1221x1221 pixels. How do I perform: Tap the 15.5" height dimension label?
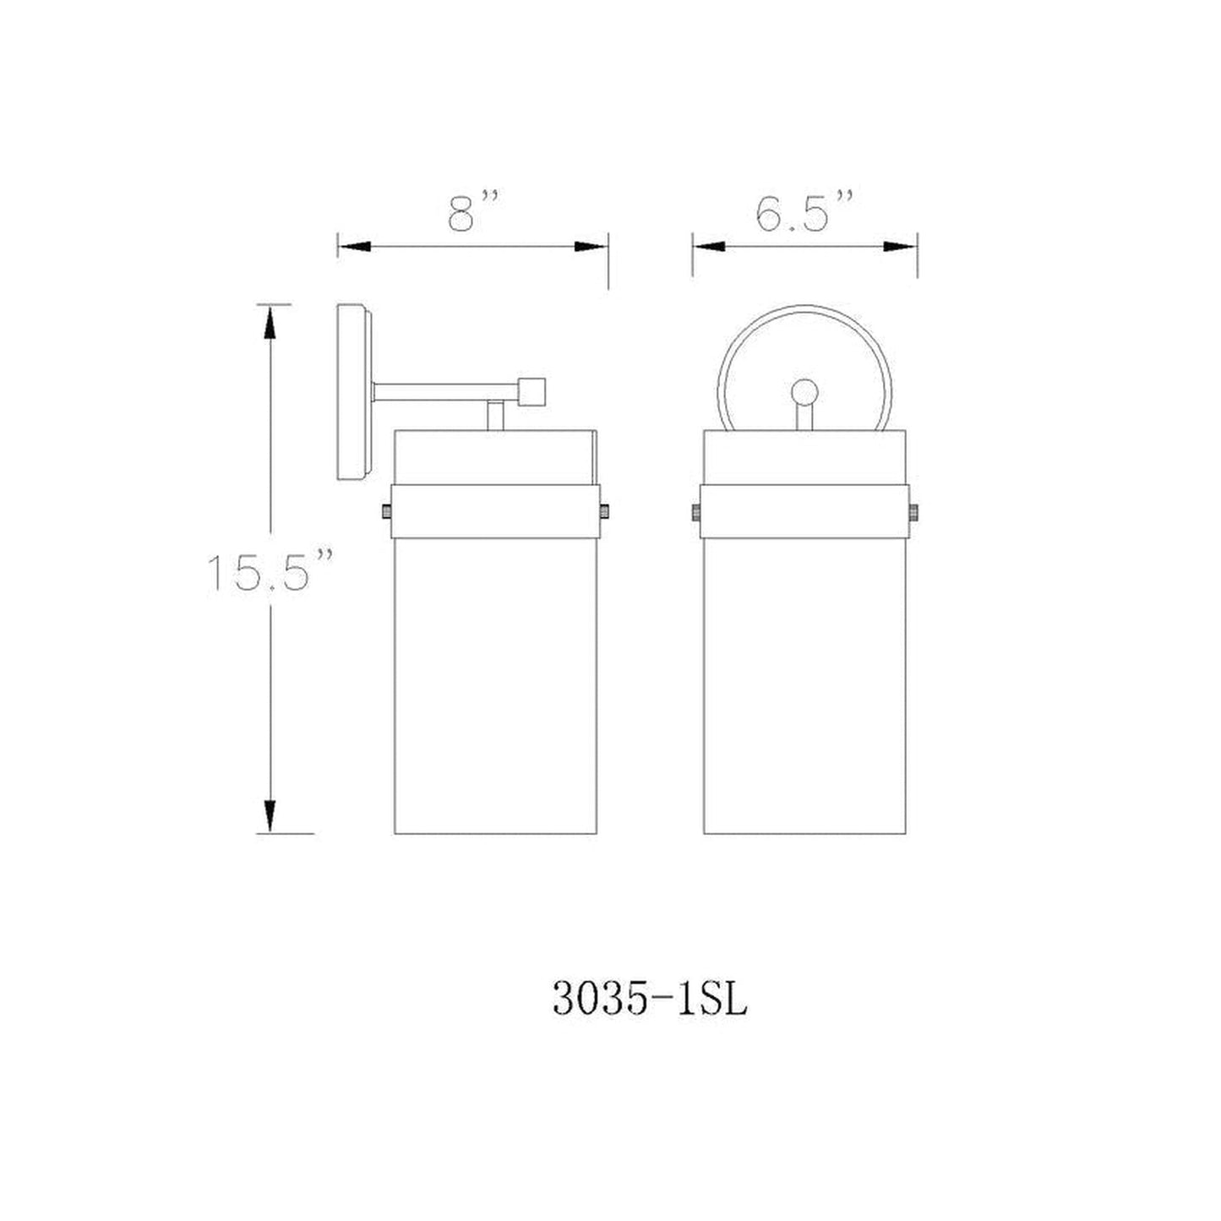270,572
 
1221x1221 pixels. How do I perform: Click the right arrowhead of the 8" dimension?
591,247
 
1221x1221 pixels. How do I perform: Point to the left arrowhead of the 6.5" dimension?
708,247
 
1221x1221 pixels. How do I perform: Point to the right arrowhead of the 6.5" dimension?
901,247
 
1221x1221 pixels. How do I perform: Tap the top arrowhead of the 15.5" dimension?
270,322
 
